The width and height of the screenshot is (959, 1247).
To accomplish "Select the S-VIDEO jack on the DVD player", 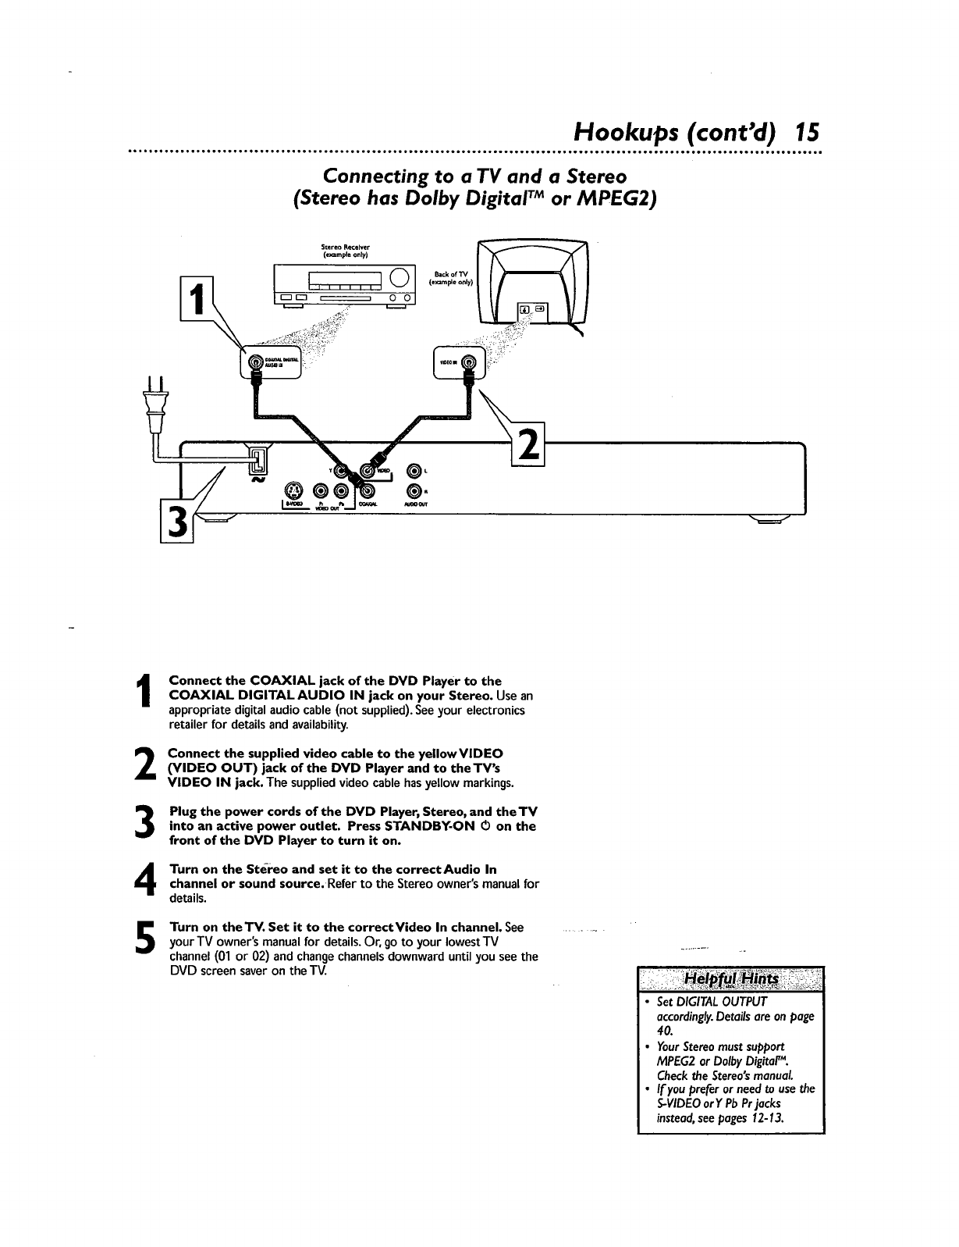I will [x=293, y=491].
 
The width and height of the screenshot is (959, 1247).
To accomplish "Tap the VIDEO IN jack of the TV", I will [x=468, y=362].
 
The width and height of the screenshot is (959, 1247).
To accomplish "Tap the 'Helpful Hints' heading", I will [x=730, y=979].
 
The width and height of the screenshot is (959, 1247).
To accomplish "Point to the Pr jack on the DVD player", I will [x=321, y=491].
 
